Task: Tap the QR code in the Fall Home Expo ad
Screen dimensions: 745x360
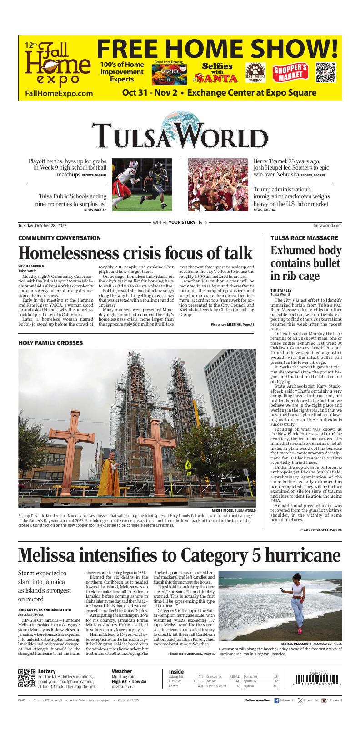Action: coord(325,72)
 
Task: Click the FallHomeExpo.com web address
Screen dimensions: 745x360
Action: coord(59,93)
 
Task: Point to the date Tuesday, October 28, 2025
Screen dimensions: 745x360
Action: coord(42,225)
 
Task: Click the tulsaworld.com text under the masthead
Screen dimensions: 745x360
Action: coord(327,225)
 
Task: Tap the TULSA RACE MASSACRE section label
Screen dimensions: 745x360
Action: coord(304,238)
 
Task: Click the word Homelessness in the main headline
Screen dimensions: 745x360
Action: coord(78,253)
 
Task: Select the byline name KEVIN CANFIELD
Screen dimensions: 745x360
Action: coord(31,266)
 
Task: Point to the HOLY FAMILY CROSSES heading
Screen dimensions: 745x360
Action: coord(50,342)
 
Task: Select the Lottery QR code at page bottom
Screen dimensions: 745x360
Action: coord(27,678)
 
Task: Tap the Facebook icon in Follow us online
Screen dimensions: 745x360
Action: coord(276,700)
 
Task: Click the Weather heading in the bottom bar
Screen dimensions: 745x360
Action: coord(121,671)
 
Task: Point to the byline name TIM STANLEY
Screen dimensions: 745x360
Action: coord(281,290)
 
